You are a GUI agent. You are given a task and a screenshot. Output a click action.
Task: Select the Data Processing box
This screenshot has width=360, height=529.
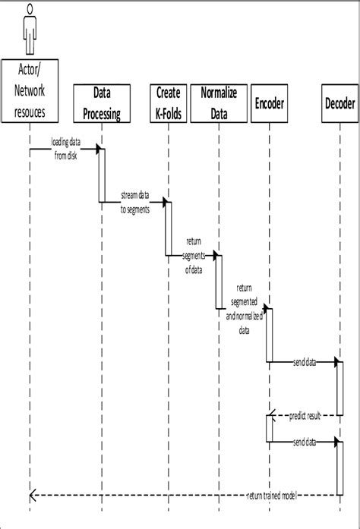103,102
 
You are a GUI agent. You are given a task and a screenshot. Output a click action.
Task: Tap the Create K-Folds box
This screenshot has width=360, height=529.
168,102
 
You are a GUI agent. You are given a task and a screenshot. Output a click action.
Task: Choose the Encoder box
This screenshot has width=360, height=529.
270,102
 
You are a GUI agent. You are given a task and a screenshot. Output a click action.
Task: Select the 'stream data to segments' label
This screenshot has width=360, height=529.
135,202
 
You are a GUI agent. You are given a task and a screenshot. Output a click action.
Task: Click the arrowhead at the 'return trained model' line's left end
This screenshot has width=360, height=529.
32,496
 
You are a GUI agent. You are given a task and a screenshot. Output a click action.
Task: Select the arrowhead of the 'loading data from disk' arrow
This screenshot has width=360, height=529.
98,149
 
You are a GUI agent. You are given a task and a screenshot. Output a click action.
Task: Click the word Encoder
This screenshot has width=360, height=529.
270,102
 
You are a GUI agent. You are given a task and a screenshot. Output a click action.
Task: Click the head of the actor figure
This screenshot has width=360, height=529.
30,10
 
